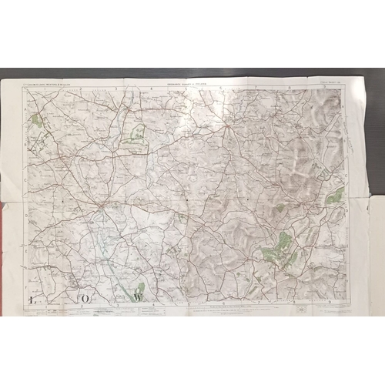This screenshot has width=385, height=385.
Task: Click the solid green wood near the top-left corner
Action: pyautogui.click(x=36, y=119)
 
